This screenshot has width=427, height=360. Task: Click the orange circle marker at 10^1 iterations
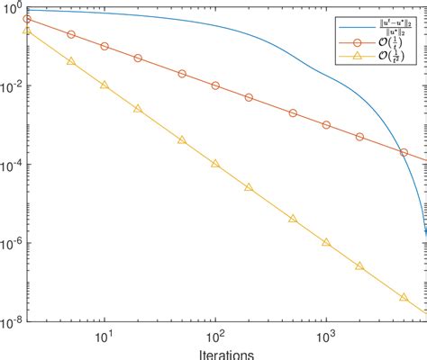tap(104, 46)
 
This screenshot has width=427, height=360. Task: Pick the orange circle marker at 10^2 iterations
tap(215, 85)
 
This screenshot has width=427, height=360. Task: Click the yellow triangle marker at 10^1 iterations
tap(104, 85)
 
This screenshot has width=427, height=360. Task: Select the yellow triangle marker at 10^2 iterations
tap(215, 163)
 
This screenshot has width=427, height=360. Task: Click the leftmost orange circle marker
tap(27, 19)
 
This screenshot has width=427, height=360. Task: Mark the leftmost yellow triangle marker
tap(27, 30)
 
